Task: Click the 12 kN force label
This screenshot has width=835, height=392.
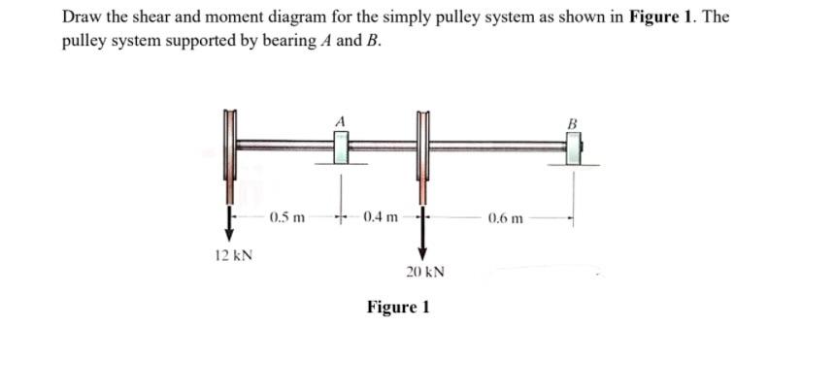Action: (x=233, y=257)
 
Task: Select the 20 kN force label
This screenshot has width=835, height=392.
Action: (x=425, y=273)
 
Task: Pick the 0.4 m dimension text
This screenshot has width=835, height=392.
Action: (x=380, y=216)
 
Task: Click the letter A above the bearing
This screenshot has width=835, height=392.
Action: (x=340, y=120)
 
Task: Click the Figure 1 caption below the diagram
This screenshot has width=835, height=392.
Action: (x=398, y=308)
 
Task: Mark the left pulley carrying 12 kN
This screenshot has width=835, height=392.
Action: (x=230, y=155)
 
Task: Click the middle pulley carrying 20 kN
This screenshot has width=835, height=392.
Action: (x=422, y=155)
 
